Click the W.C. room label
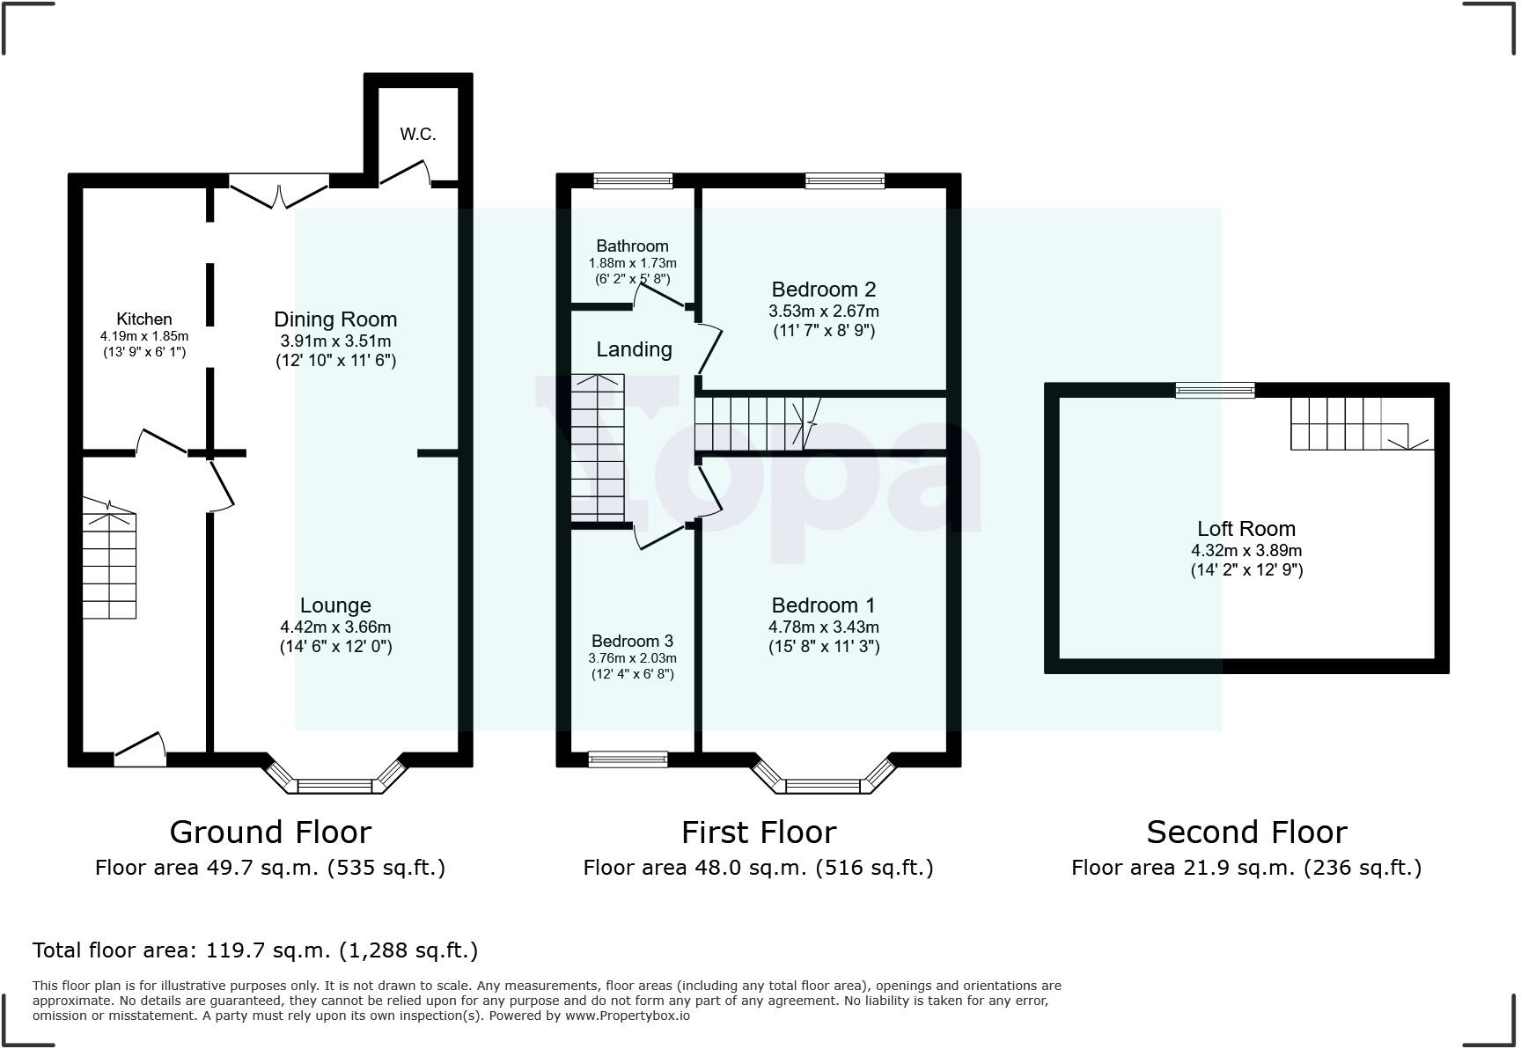click(417, 135)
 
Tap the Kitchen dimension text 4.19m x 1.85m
click(144, 336)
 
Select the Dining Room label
click(335, 319)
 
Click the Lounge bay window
click(334, 783)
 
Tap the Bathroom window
click(633, 181)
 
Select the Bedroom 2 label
click(823, 290)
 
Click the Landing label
click(634, 349)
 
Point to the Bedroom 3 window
click(628, 759)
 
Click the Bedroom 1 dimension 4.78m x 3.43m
click(823, 627)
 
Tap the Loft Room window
click(1215, 390)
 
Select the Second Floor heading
click(1246, 832)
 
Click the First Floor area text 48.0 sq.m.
click(758, 868)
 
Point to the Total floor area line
click(255, 950)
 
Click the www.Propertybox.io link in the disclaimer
click(627, 1016)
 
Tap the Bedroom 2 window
click(844, 181)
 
